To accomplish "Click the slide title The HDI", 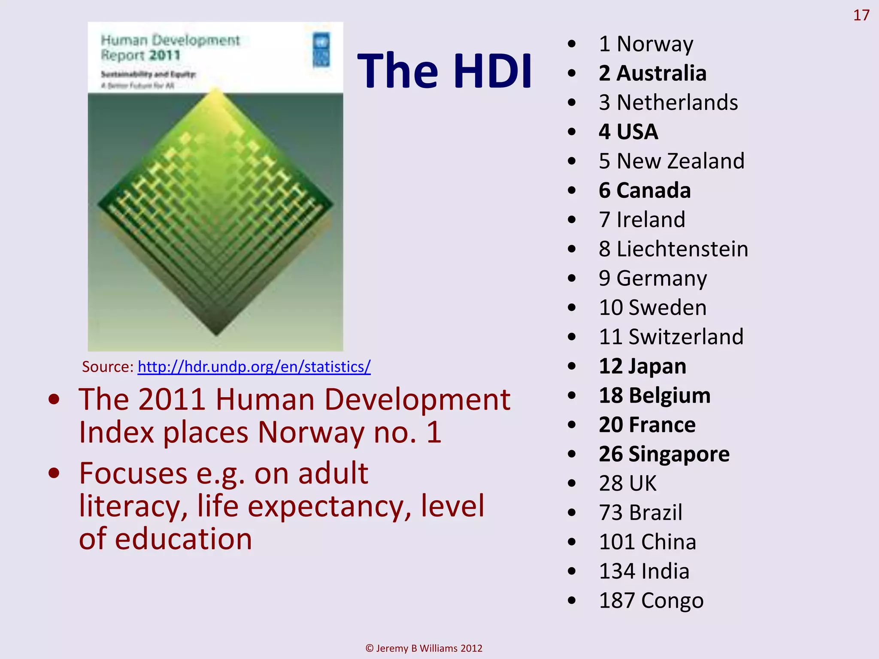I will [x=445, y=71].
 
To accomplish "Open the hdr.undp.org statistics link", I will [x=254, y=367].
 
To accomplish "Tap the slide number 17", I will [x=861, y=15].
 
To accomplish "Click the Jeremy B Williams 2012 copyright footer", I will [x=424, y=648].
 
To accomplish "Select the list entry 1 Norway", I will [x=646, y=44].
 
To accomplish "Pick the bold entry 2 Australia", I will [x=652, y=73].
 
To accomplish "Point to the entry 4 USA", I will [x=628, y=132].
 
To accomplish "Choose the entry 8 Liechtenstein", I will [x=673, y=249].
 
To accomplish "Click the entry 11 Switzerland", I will [x=671, y=337].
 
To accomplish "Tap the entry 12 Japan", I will [x=643, y=366].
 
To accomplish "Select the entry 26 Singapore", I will [x=664, y=454].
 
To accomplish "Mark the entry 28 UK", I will [x=627, y=483].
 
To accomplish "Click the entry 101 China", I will [x=647, y=542].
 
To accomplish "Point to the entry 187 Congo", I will [x=651, y=600].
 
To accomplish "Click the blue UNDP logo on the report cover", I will [x=321, y=50].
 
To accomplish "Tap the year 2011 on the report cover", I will [x=165, y=55].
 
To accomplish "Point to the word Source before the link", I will [x=107, y=367].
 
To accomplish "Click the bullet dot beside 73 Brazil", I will [x=571, y=513].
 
